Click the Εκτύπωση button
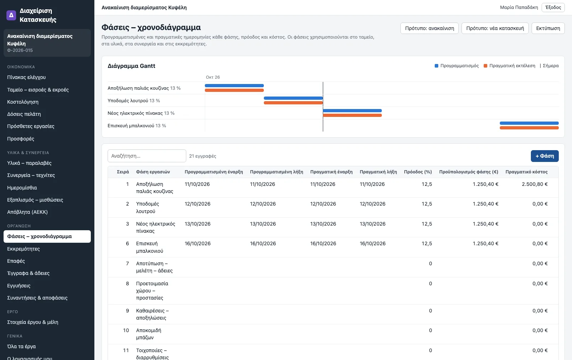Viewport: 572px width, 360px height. [x=548, y=28]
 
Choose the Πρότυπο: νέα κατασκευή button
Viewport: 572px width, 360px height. [x=495, y=28]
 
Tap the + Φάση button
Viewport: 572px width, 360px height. [x=545, y=156]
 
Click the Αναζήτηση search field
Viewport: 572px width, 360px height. [x=147, y=156]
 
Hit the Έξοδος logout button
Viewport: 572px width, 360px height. [x=553, y=8]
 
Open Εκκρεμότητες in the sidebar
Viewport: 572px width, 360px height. [x=24, y=249]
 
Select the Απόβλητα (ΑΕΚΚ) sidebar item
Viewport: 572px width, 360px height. [x=27, y=212]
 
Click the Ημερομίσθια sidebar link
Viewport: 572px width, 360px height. [x=22, y=188]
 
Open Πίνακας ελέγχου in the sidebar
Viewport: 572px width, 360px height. [x=26, y=77]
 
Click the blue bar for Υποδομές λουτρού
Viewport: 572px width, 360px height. [x=293, y=98]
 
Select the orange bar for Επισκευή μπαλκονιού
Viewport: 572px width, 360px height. [x=529, y=128]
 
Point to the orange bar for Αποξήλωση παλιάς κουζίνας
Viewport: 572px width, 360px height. [x=234, y=90]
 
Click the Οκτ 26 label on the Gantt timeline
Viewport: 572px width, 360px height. [x=213, y=77]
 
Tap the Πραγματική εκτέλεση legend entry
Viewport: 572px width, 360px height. [x=509, y=66]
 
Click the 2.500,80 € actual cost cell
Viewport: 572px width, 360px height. [x=535, y=184]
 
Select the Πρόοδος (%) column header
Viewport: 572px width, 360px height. [x=418, y=172]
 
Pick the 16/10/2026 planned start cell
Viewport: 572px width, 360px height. [x=198, y=243]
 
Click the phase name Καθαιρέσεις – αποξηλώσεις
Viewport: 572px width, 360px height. [x=152, y=314]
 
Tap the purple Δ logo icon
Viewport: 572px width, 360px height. [x=11, y=15]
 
